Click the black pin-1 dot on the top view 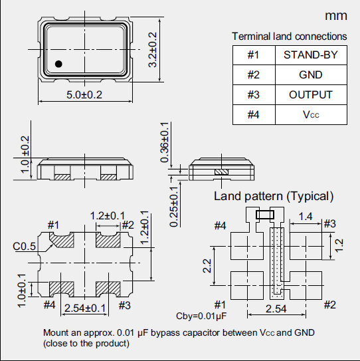tap(58, 64)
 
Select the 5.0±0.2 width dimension tap(84, 95)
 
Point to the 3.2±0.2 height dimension tap(152, 50)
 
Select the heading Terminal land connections tap(289, 36)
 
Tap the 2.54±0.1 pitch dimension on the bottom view tap(84, 308)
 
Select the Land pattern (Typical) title tap(273, 196)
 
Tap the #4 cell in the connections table tap(252, 114)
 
